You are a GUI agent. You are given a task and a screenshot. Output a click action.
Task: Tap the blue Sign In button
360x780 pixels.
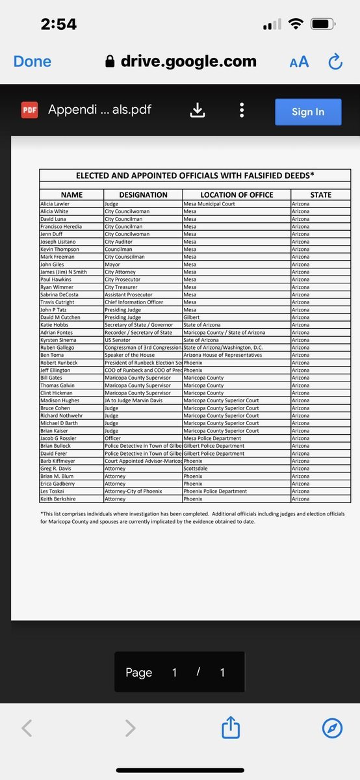point(308,112)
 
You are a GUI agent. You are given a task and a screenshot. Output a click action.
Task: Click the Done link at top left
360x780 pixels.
point(32,61)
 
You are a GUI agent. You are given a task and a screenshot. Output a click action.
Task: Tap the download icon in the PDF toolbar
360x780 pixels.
point(197,110)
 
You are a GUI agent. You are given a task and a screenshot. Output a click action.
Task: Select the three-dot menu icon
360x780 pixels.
point(242,110)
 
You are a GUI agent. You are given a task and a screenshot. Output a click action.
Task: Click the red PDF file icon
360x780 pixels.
point(29,110)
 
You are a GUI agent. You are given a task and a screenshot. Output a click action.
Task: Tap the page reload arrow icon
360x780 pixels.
point(335,62)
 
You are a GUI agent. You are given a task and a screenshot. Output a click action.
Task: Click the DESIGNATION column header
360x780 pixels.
point(143,195)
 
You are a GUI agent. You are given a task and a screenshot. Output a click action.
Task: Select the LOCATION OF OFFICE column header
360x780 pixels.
point(237,195)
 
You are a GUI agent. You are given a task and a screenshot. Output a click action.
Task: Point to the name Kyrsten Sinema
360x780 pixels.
point(59,340)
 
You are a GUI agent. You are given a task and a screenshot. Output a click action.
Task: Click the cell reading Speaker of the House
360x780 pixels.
point(130,355)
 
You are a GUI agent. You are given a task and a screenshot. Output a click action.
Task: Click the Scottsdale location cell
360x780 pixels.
point(196,469)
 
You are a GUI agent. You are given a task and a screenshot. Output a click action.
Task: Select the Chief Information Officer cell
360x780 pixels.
point(135,302)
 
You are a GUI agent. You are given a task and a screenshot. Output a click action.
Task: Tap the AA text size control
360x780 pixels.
point(299,62)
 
